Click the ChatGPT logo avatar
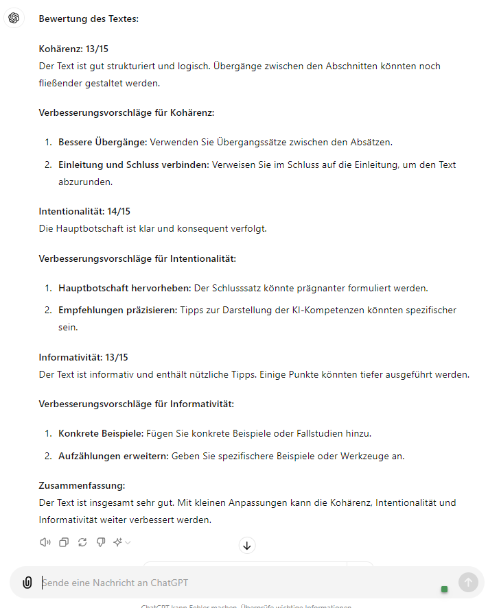click(x=14, y=18)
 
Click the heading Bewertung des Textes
click(x=89, y=19)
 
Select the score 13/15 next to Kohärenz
click(x=97, y=49)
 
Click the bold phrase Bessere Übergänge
click(x=102, y=142)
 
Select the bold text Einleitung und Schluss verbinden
click(x=133, y=165)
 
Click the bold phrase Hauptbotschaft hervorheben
click(x=125, y=288)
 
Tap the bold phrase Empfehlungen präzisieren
click(x=117, y=310)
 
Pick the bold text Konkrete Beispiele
click(x=100, y=433)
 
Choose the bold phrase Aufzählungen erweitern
click(x=113, y=456)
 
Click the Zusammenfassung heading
click(x=82, y=486)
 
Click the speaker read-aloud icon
click(x=45, y=542)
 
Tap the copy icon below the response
click(x=64, y=542)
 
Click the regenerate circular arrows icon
click(x=82, y=542)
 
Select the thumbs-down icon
click(x=101, y=542)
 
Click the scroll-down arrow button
click(x=247, y=546)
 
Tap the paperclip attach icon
click(x=27, y=583)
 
